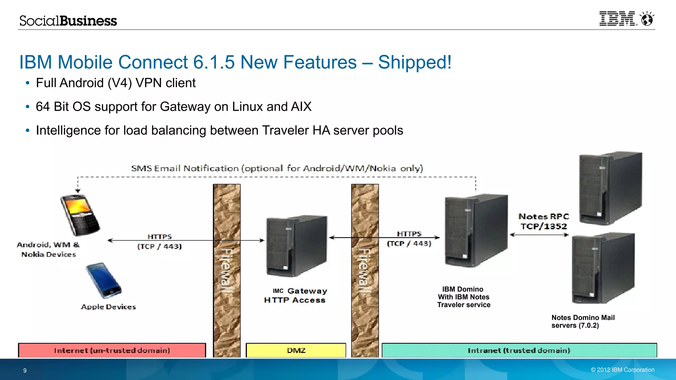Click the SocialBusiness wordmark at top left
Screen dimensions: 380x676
click(68, 21)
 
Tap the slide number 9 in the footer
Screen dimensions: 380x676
click(25, 370)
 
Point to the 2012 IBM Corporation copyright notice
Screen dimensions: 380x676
click(622, 370)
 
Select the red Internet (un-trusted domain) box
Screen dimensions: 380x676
click(112, 350)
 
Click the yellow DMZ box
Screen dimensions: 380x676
click(296, 350)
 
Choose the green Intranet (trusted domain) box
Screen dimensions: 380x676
click(519, 350)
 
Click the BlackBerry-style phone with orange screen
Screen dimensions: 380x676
click(80, 214)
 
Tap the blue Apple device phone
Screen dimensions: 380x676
click(104, 280)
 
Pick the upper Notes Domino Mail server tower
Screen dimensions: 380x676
click(610, 188)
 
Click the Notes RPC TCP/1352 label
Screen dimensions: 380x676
click(544, 221)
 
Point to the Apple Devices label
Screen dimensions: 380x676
click(108, 307)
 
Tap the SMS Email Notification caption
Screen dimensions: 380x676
click(277, 169)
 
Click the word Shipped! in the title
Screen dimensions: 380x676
click(415, 62)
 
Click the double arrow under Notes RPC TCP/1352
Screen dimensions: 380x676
click(539, 235)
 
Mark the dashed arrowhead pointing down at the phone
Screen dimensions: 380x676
click(78, 190)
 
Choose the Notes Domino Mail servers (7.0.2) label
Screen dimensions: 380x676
click(583, 322)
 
